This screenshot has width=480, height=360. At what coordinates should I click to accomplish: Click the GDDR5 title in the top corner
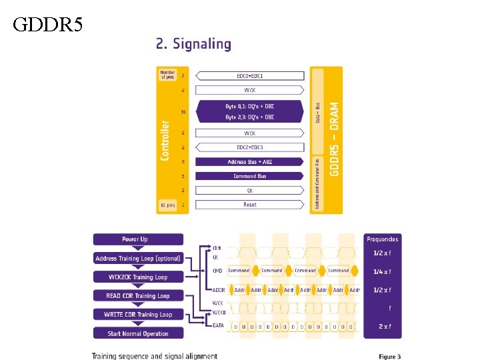[x=48, y=25]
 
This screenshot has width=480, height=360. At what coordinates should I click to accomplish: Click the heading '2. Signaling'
[x=193, y=45]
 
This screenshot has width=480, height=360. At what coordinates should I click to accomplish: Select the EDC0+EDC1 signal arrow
[x=250, y=76]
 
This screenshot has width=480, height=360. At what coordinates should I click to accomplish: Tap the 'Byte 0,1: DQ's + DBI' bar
[x=250, y=106]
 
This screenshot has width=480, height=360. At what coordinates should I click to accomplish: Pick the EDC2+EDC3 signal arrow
[x=250, y=147]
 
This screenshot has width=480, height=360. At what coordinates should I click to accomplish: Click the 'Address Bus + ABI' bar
[x=250, y=161]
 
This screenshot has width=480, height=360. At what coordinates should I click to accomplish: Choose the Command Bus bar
[x=250, y=176]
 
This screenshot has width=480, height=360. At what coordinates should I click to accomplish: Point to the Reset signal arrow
[x=250, y=205]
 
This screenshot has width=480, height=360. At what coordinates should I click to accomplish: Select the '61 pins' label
[x=167, y=205]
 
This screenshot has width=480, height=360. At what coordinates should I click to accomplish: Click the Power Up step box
[x=138, y=239]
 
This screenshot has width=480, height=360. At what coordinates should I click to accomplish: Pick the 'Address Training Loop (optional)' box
[x=138, y=258]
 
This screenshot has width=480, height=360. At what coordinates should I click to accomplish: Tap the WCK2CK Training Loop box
[x=138, y=277]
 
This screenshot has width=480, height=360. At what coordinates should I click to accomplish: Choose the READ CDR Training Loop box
[x=138, y=295]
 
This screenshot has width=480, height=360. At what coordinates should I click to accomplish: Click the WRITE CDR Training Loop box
[x=138, y=314]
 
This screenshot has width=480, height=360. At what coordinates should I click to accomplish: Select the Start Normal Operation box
[x=138, y=333]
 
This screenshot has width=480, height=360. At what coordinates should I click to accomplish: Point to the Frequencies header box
[x=382, y=239]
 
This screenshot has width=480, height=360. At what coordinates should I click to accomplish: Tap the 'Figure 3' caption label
[x=390, y=357]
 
